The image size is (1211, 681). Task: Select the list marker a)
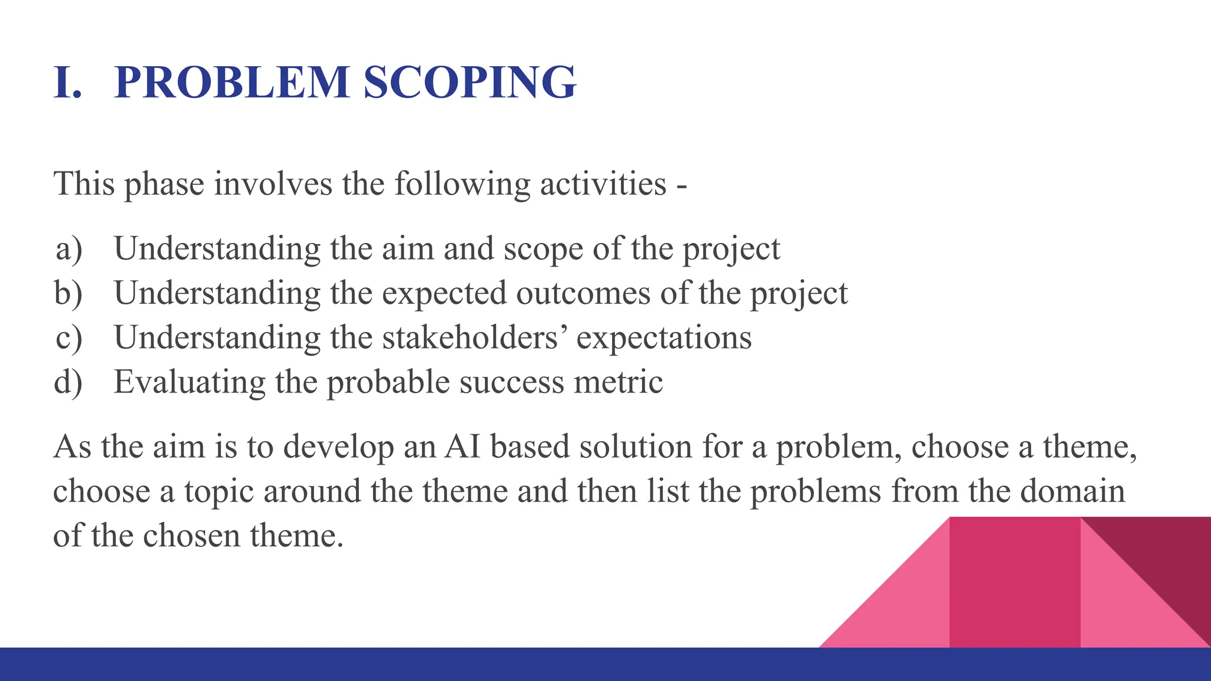click(69, 249)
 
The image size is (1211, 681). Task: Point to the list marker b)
click(69, 293)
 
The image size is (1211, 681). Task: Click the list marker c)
click(69, 338)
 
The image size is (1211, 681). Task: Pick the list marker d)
click(69, 382)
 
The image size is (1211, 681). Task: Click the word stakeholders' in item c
click(475, 338)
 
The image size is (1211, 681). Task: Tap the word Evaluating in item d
click(189, 382)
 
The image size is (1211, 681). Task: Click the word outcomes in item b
click(582, 293)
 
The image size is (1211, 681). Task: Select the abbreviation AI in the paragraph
click(462, 446)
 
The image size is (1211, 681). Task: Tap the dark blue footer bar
click(414, 664)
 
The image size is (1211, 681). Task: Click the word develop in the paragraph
click(338, 447)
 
